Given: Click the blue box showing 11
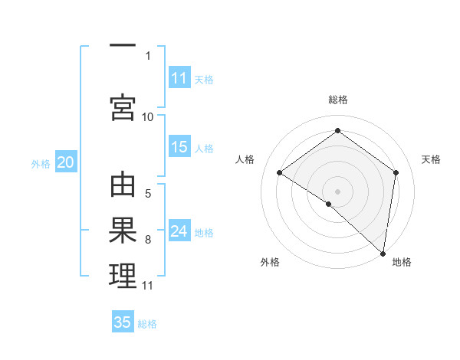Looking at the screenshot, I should click(179, 78).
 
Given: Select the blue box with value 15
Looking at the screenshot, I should click(179, 148).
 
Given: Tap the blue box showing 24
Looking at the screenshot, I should click(179, 232).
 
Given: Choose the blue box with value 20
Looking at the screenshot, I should click(66, 162).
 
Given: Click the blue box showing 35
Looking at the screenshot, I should click(123, 322).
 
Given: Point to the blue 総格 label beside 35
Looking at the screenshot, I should click(147, 324).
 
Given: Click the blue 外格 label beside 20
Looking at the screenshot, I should click(41, 163).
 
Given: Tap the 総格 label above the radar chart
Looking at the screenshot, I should click(338, 100).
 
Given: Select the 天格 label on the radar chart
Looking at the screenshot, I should click(432, 159).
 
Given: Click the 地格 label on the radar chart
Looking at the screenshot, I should click(402, 262).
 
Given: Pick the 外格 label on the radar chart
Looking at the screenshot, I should click(270, 262).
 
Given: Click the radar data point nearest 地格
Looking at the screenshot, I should click(383, 253).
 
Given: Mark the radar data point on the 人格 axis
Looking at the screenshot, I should click(280, 173).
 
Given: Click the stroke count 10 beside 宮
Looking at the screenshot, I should click(148, 116).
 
